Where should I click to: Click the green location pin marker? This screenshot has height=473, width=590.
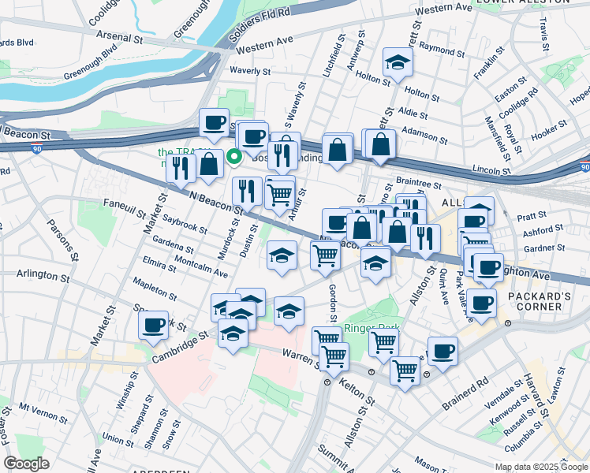(x=234, y=155)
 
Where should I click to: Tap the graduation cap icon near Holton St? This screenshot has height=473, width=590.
(x=398, y=62)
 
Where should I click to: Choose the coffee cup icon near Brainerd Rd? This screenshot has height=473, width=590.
(x=442, y=351)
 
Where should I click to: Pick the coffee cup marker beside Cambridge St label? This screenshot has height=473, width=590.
(x=153, y=325)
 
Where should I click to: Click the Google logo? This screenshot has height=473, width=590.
(x=26, y=464)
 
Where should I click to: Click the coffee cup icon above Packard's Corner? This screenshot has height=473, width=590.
(x=487, y=268)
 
